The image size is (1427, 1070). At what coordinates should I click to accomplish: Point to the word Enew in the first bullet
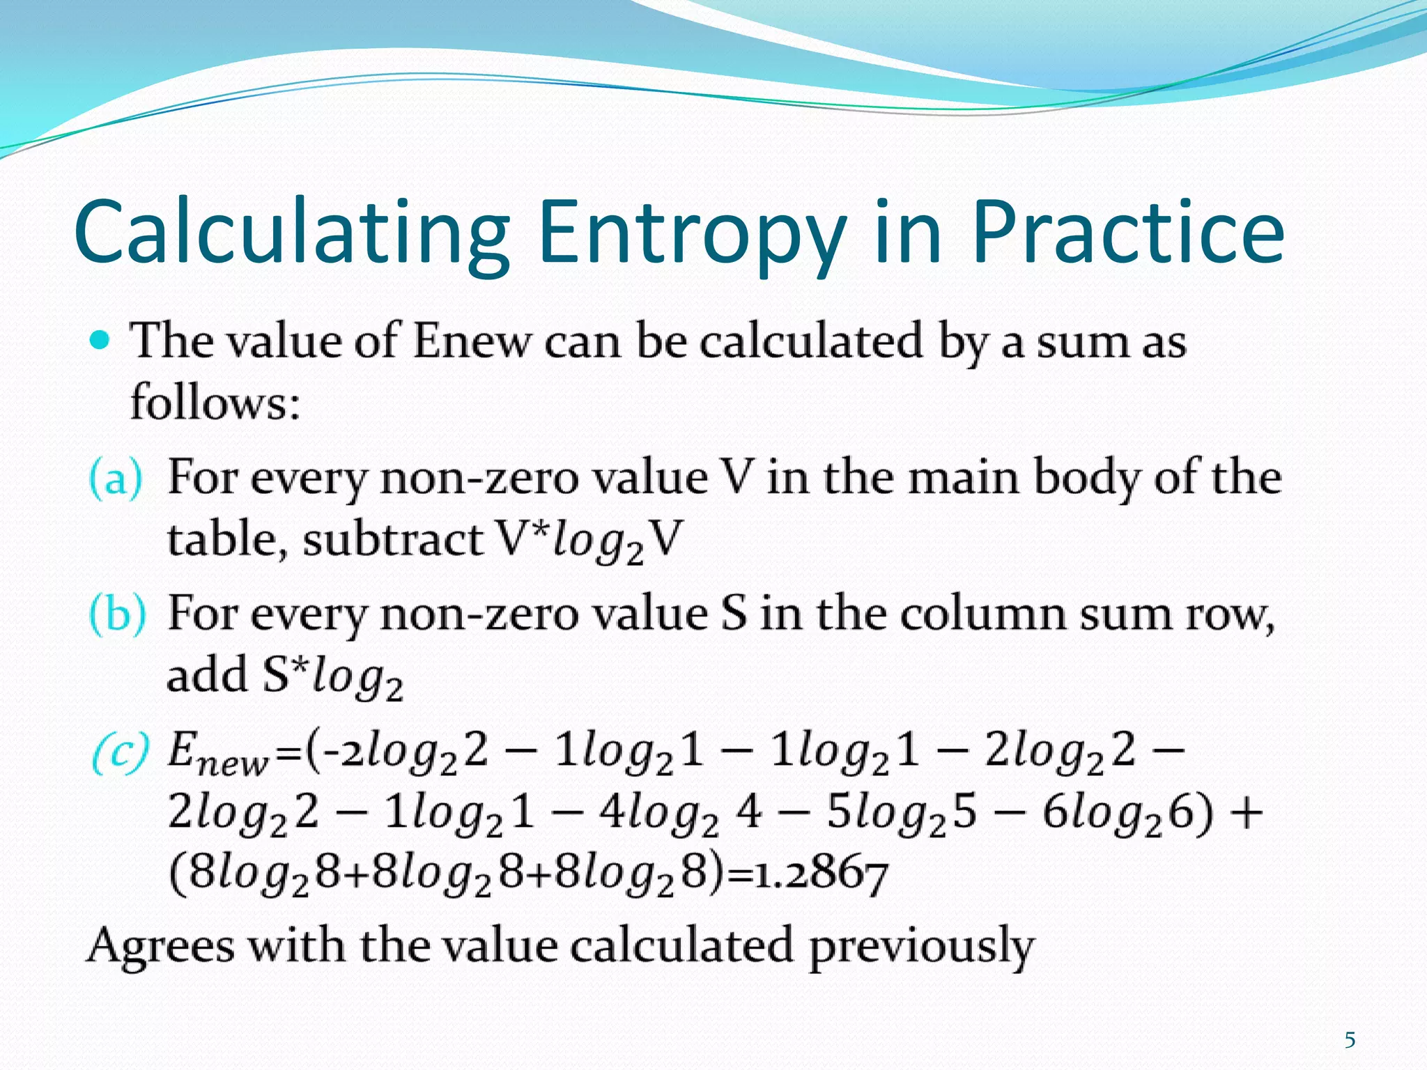[471, 342]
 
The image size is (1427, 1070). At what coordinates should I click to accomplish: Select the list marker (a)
[116, 479]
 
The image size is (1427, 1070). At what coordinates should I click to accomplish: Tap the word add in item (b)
[207, 676]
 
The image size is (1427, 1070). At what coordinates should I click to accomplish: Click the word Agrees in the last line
[160, 946]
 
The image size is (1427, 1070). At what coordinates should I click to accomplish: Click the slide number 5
[1350, 1040]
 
